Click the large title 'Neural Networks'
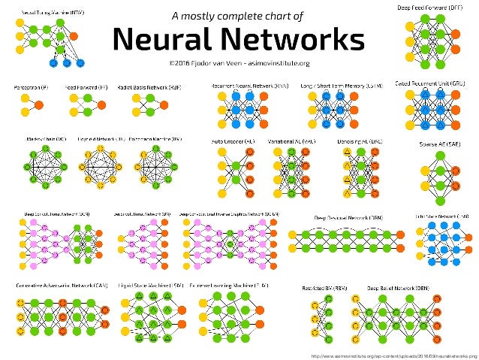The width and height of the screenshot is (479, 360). pos(239,38)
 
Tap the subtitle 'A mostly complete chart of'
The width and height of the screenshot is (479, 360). pos(238,15)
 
